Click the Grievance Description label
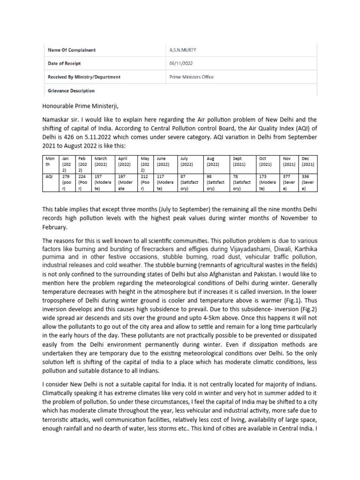(x=71, y=91)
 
